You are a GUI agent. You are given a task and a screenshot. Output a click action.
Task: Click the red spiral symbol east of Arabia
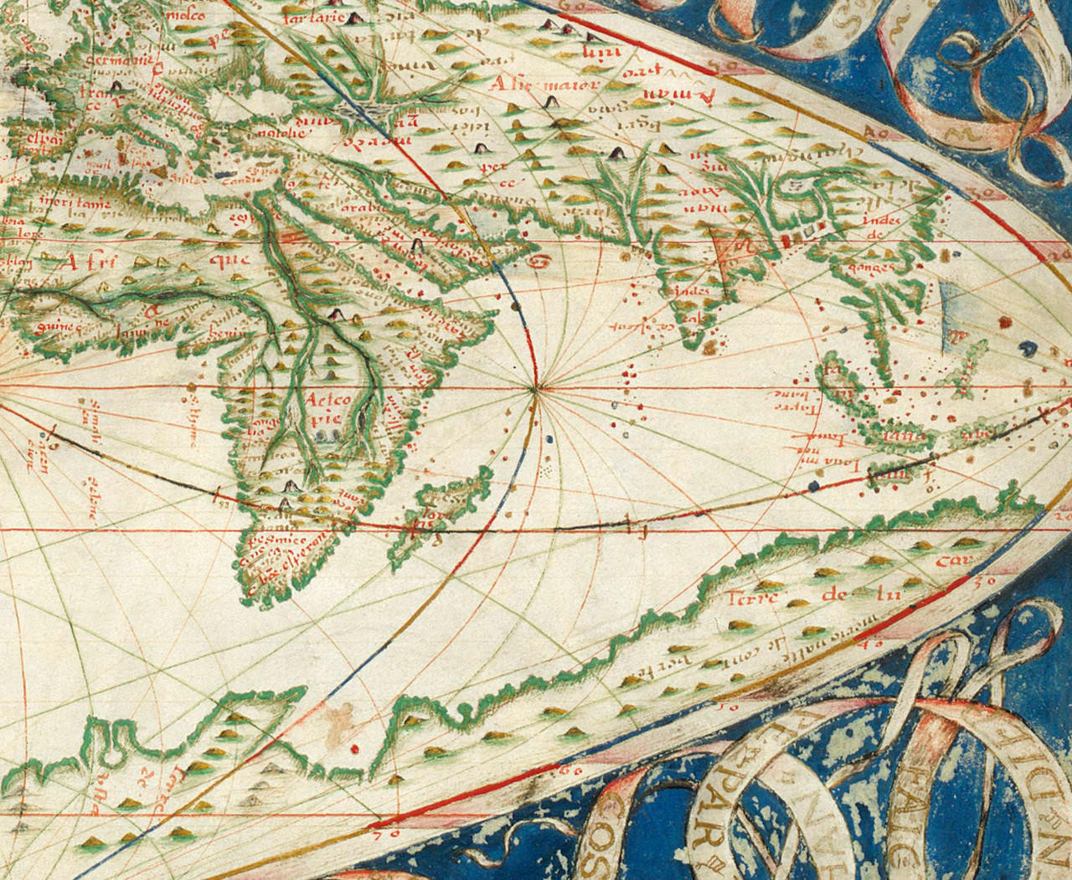pos(542,261)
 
